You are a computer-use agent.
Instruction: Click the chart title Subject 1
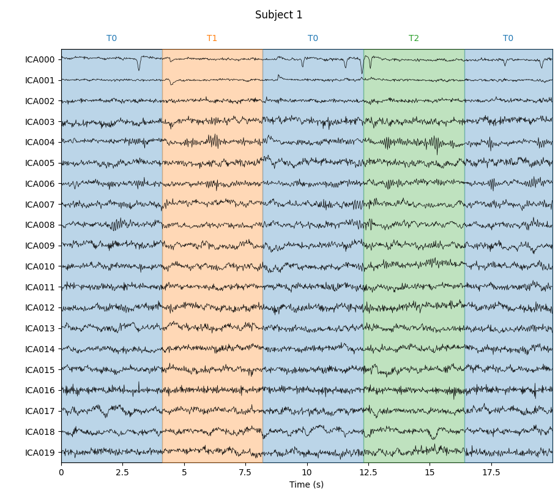pyautogui.click(x=278, y=15)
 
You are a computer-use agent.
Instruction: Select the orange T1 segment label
pyautogui.click(x=212, y=39)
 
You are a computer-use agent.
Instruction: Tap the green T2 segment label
pyautogui.click(x=414, y=39)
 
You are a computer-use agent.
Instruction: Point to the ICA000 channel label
pyautogui.click(x=40, y=59)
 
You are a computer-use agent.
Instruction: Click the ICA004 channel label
pyautogui.click(x=40, y=142)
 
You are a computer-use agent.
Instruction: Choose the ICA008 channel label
pyautogui.click(x=40, y=225)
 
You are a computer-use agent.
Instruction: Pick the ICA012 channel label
pyautogui.click(x=40, y=307)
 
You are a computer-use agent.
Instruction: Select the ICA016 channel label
pyautogui.click(x=40, y=390)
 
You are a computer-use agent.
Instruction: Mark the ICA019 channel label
pyautogui.click(x=40, y=453)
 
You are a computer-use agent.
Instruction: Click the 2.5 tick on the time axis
pyautogui.click(x=122, y=472)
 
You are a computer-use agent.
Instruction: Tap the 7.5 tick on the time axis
pyautogui.click(x=245, y=472)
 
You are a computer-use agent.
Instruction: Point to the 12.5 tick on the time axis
pyautogui.click(x=368, y=472)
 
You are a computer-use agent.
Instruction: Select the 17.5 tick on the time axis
pyautogui.click(x=491, y=472)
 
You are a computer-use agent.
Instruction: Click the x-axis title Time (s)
pyautogui.click(x=307, y=484)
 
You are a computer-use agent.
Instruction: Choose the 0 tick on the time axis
pyautogui.click(x=61, y=472)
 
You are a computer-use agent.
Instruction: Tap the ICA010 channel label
pyautogui.click(x=40, y=266)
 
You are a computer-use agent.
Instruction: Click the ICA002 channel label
pyautogui.click(x=40, y=101)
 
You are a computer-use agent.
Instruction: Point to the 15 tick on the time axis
pyautogui.click(x=430, y=472)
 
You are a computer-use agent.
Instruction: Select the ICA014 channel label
pyautogui.click(x=40, y=349)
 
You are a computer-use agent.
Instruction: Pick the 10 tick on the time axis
pyautogui.click(x=307, y=472)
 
